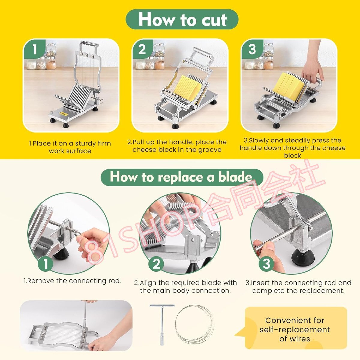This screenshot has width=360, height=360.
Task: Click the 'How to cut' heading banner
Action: coord(182,19)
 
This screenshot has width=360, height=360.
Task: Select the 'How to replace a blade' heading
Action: coord(182,177)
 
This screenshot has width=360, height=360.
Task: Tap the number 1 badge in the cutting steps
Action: coord(35,49)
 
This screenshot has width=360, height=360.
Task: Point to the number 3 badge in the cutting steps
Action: coord(252,49)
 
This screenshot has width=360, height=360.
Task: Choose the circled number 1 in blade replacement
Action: coord(46,264)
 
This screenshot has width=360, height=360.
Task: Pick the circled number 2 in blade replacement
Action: coord(156,264)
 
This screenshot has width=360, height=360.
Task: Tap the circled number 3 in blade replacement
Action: coord(267,264)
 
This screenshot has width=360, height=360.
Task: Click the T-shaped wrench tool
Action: coord(162,325)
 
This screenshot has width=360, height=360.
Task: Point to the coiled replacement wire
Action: coord(194,325)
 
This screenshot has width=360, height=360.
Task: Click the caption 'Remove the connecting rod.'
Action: coord(72,281)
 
